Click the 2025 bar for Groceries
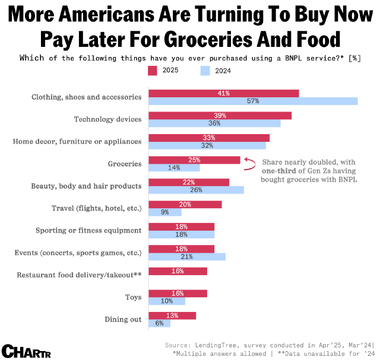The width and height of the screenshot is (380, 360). [x=194, y=160]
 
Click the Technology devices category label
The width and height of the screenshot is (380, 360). [x=107, y=119]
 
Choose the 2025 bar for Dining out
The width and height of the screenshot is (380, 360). [x=172, y=316]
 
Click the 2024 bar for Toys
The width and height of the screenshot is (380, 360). [x=167, y=301]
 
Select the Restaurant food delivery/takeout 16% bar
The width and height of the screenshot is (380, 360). [x=178, y=271]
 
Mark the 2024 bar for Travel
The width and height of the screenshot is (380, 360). [x=157, y=212]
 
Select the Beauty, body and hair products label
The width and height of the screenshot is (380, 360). [x=86, y=186]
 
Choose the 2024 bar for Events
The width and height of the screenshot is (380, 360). [x=187, y=257]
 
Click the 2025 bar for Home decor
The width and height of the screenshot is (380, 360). [x=209, y=138]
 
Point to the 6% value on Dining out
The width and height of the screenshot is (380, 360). [x=159, y=323]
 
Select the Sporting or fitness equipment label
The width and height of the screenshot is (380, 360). [x=88, y=230]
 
